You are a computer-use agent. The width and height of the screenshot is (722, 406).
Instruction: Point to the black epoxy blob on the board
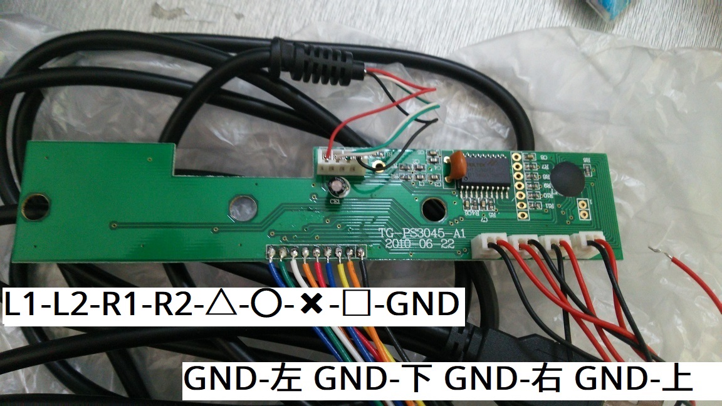[568, 179]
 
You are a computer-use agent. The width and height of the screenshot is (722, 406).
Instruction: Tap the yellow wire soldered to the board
[340, 276]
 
